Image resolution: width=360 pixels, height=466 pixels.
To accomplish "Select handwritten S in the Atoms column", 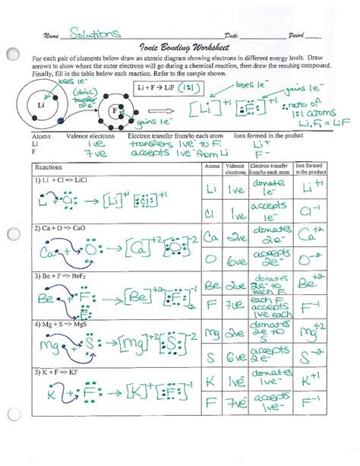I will pos(209,357).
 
